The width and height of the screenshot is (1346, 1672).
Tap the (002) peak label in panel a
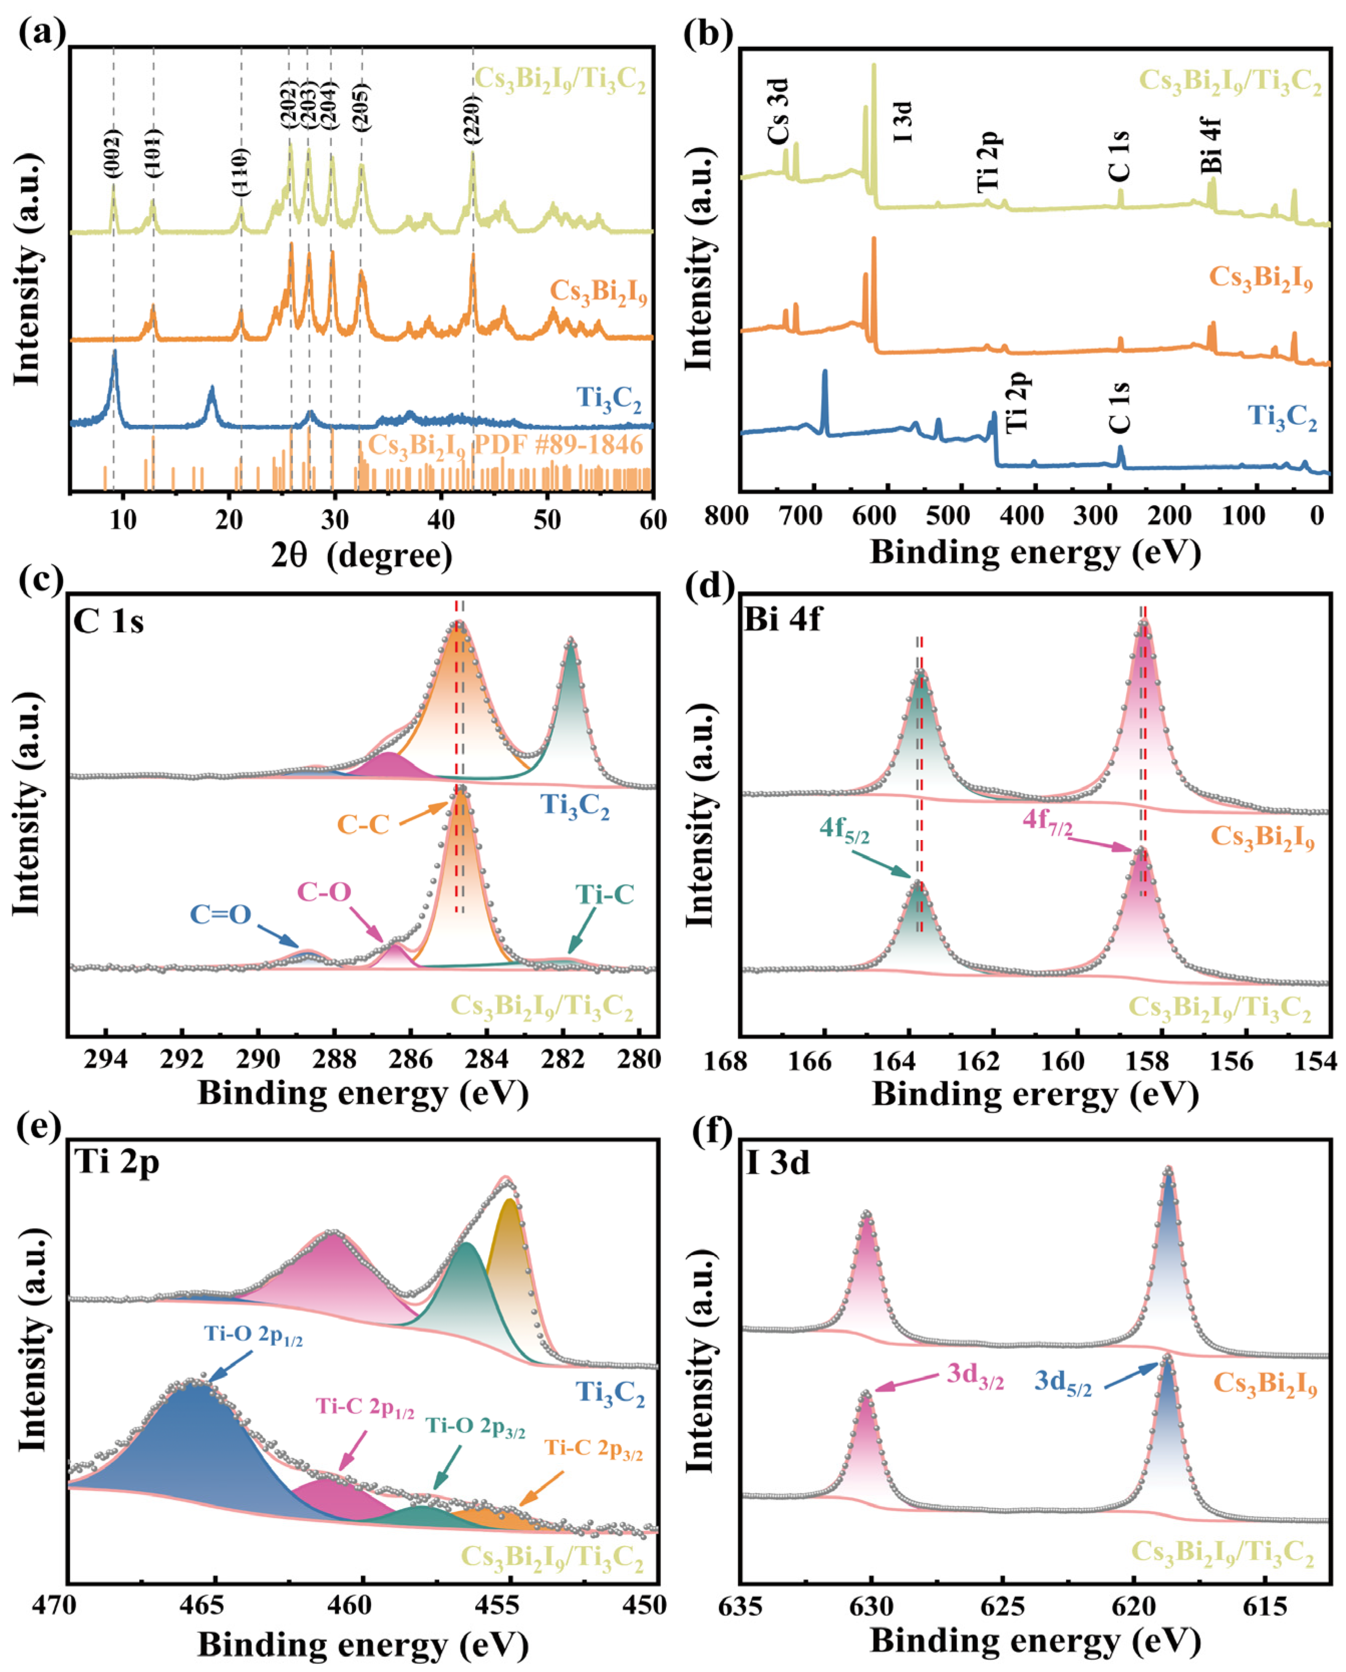(113, 153)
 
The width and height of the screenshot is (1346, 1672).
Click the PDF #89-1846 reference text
(504, 445)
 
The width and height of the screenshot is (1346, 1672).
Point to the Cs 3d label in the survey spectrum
(778, 112)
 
